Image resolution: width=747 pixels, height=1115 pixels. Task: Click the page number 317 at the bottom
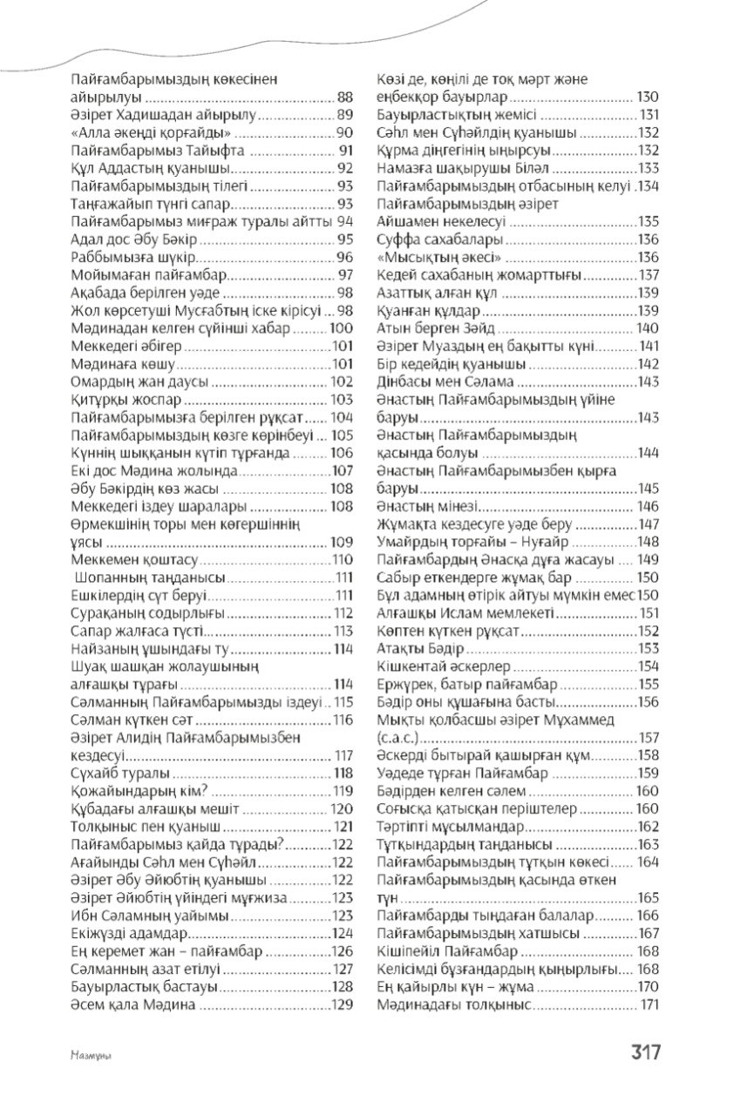[647, 1051]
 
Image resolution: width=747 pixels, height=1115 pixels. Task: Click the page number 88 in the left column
[343, 97]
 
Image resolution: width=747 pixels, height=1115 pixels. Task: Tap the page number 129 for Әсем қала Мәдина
[342, 1004]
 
